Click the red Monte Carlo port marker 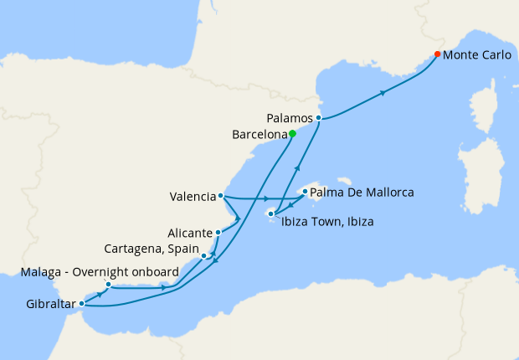click(x=438, y=55)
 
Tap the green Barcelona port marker click(x=292, y=133)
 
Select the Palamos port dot click(x=319, y=118)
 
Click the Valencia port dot click(x=220, y=197)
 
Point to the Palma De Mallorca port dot click(x=304, y=192)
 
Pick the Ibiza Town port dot click(x=270, y=214)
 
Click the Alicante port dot click(x=218, y=232)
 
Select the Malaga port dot click(x=108, y=285)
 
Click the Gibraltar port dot click(x=81, y=304)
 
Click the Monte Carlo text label click(x=477, y=55)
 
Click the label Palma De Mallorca click(x=362, y=193)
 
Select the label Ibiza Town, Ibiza click(x=327, y=222)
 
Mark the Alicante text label click(x=188, y=233)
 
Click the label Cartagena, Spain click(x=151, y=249)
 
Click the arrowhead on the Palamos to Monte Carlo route click(x=383, y=92)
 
